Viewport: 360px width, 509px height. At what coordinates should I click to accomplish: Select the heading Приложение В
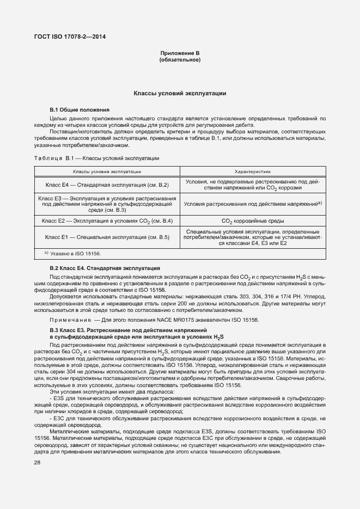tap(180, 53)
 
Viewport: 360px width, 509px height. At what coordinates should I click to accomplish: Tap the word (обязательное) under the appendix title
tap(180, 60)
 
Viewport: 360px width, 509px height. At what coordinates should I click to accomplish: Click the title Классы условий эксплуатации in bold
tap(180, 94)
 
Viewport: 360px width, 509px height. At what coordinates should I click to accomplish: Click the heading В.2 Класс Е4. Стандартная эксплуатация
tap(105, 268)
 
